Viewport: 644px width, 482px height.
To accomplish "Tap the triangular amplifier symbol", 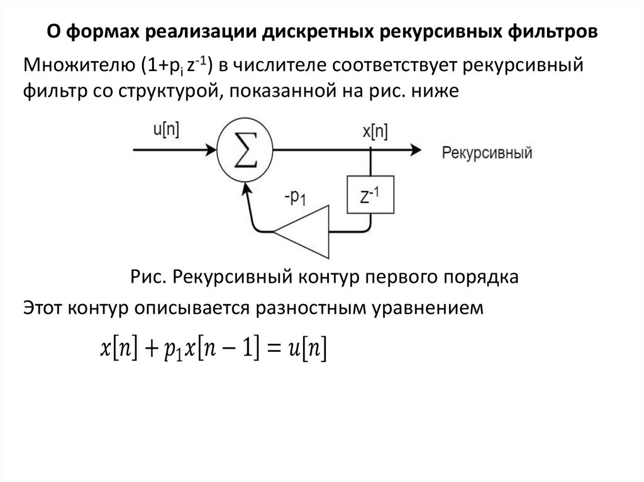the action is tap(303, 231).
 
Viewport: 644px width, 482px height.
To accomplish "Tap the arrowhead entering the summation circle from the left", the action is tap(212, 150).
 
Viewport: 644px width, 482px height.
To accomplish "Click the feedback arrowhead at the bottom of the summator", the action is tap(246, 185).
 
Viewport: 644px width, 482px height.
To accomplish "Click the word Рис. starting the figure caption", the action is tap(145, 277).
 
